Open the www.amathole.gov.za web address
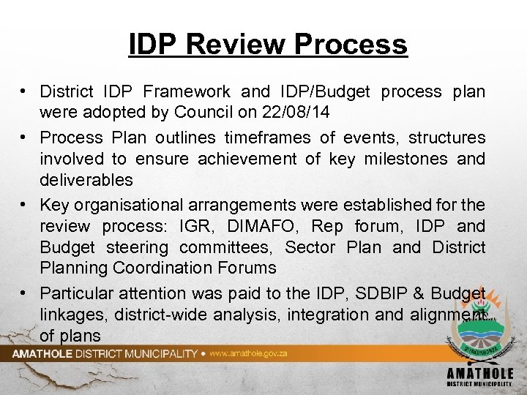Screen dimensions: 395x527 249,353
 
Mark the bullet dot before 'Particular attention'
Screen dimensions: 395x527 25,293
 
